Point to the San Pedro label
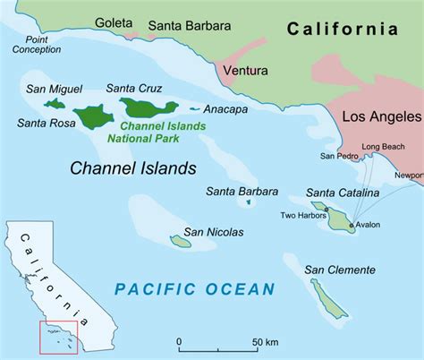(x=338, y=157)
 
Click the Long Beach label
(x=382, y=146)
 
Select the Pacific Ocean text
(x=195, y=288)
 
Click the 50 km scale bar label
(x=265, y=343)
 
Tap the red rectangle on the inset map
(x=58, y=335)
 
